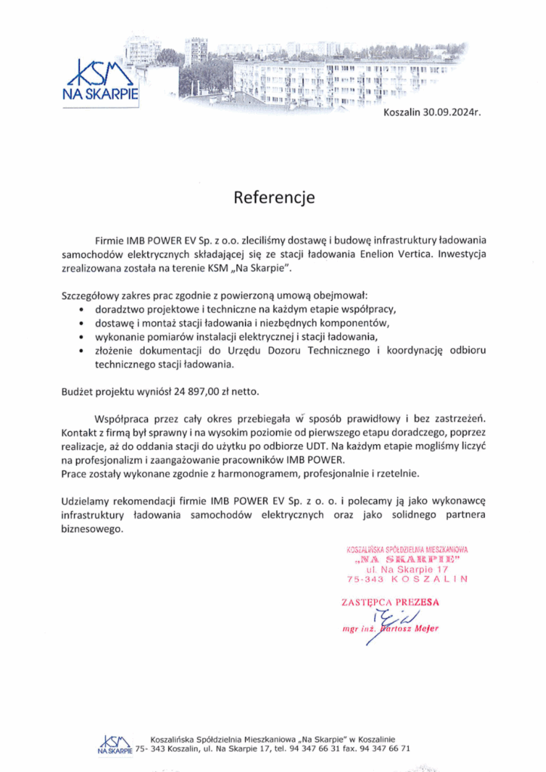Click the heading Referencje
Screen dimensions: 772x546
273,198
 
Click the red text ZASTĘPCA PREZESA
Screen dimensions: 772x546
390,602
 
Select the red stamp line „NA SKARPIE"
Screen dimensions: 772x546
406,561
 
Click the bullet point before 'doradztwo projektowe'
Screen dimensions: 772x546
81,310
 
